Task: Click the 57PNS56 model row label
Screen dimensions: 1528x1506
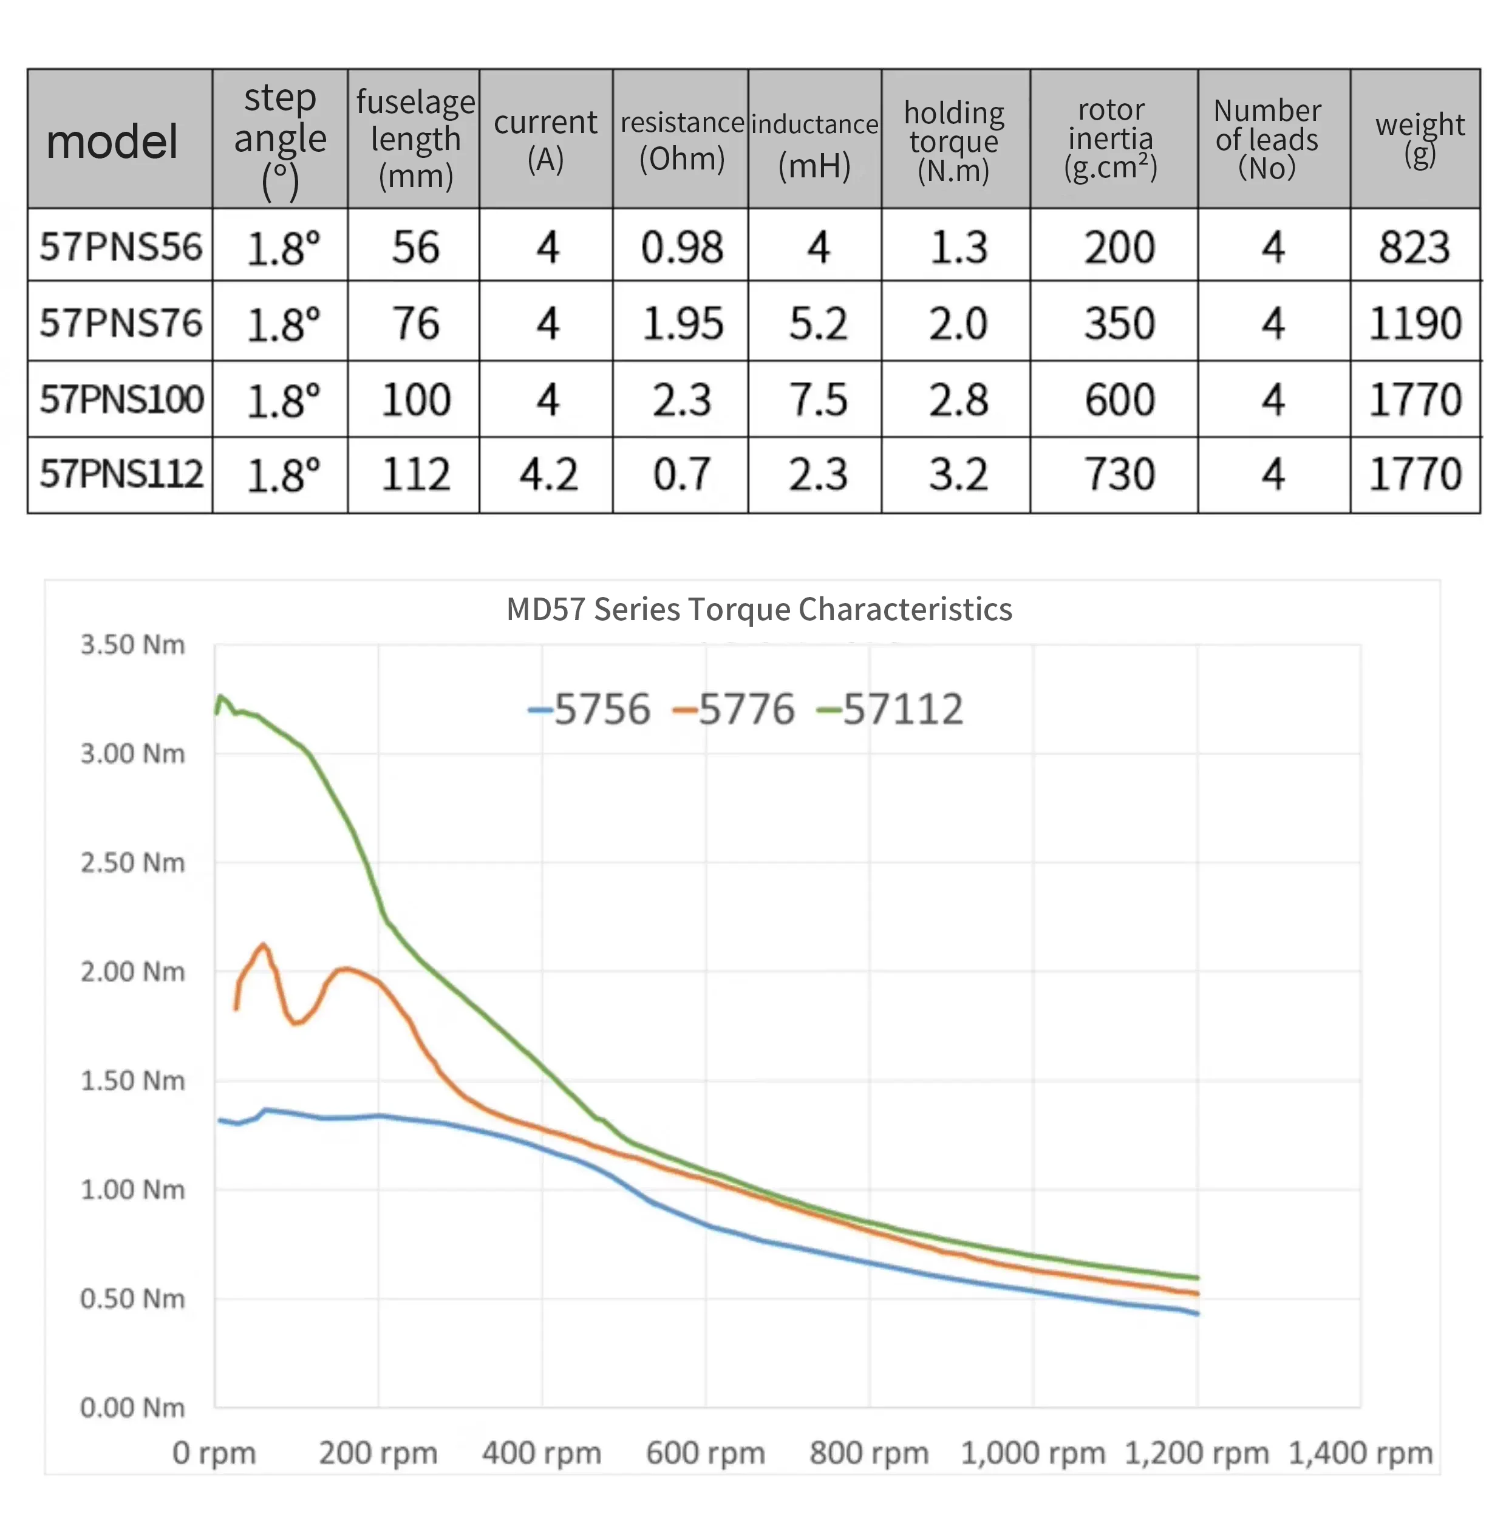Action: pos(120,246)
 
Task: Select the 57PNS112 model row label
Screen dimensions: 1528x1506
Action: pos(121,474)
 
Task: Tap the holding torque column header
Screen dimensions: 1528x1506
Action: pos(955,141)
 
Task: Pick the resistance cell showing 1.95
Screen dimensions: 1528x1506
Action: pos(682,324)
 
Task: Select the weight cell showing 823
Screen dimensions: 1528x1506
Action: pos(1414,247)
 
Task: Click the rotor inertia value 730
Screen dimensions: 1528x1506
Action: pos(1119,474)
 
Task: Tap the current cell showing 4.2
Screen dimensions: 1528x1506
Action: pos(547,474)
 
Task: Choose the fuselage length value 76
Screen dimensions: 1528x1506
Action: pos(415,324)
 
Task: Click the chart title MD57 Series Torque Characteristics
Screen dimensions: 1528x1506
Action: pos(758,610)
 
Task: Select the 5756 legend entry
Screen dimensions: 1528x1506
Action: pos(589,709)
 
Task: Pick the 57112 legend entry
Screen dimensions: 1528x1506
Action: pos(891,709)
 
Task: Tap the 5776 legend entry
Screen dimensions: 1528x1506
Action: pos(733,709)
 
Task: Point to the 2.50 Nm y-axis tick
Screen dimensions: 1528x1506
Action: pos(132,863)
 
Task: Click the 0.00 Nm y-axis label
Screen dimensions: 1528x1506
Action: pos(132,1408)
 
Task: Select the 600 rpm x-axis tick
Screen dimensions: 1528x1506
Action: pos(706,1453)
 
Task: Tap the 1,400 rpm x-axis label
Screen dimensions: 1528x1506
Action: pos(1360,1453)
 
